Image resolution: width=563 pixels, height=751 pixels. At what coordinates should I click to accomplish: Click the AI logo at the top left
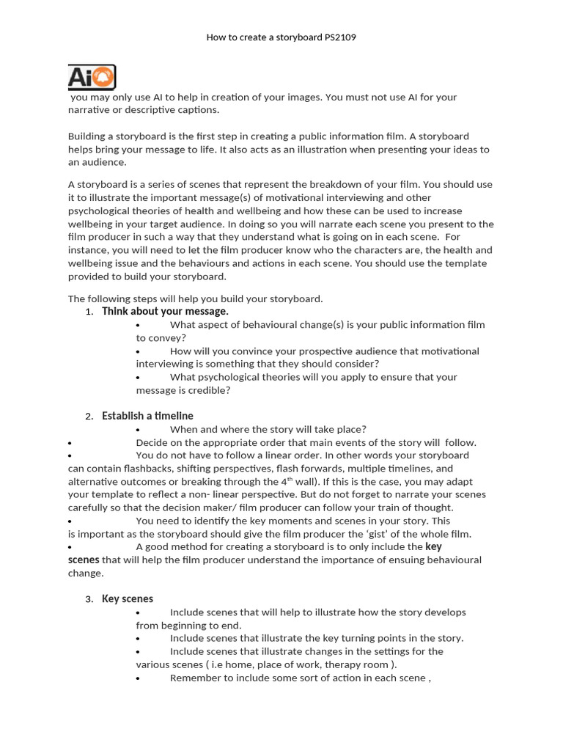(92, 77)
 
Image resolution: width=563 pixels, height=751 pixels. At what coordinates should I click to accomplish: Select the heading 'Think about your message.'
(165, 311)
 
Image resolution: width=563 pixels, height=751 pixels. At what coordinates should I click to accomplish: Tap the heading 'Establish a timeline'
(147, 416)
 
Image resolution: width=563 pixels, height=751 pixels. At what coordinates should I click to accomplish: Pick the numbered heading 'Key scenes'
(128, 598)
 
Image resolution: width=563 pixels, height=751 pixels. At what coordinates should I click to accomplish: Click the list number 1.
(88, 312)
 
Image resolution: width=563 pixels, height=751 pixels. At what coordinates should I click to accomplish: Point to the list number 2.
(88, 417)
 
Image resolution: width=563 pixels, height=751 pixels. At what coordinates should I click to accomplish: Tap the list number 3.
(88, 599)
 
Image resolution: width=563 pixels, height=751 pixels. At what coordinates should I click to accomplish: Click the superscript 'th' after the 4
(290, 479)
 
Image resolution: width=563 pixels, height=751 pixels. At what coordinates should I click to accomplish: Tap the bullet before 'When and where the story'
(138, 430)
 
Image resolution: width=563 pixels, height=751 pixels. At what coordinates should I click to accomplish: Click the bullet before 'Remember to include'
(138, 678)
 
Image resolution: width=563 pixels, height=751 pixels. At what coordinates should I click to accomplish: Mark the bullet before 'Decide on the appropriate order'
(70, 443)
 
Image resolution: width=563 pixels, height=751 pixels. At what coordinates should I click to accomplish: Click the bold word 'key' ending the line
(433, 547)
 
